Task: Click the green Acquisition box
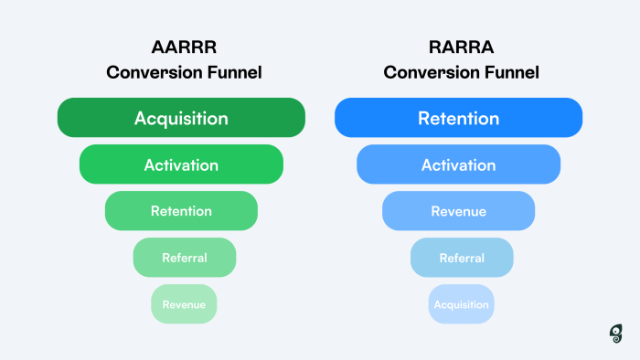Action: (x=181, y=118)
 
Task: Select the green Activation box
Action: (x=181, y=164)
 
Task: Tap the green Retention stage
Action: (x=181, y=211)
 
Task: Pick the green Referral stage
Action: (x=184, y=258)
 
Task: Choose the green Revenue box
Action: (x=184, y=304)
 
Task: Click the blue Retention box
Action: (x=458, y=118)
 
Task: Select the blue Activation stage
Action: (x=458, y=164)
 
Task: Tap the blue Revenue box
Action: (x=458, y=211)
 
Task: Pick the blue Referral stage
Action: (x=462, y=258)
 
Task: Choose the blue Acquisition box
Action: (x=462, y=304)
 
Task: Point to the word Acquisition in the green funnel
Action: (x=181, y=119)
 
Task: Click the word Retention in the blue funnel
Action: (x=458, y=119)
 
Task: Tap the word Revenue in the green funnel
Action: (x=184, y=304)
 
